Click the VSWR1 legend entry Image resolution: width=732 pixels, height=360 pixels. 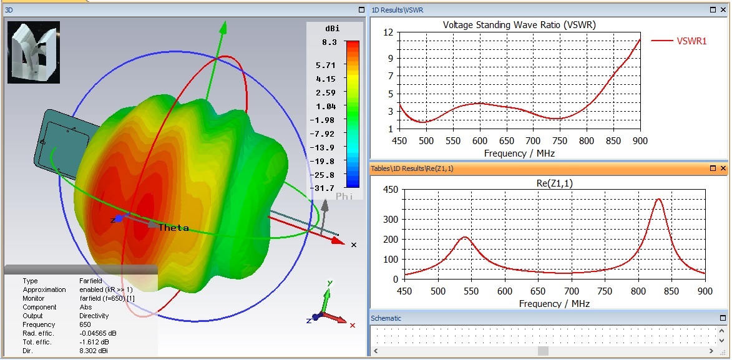tap(691, 41)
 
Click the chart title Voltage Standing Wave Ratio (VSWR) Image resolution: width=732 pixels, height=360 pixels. tap(519, 25)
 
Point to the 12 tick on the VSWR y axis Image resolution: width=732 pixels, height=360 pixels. tap(388, 32)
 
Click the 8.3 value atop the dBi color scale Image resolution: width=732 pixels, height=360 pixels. tap(329, 42)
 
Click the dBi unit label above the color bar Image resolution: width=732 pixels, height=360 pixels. tap(331, 29)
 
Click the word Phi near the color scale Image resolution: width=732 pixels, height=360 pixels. tap(345, 196)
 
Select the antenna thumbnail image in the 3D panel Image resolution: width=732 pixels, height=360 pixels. tap(34, 52)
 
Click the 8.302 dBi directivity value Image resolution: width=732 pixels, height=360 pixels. tap(96, 351)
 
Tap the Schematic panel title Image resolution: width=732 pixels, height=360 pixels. tap(386, 318)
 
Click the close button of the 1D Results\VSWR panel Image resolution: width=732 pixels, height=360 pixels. tap(723, 10)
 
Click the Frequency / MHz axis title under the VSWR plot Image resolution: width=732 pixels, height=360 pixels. tap(519, 153)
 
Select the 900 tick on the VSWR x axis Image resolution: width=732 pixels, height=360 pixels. tap(640, 141)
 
